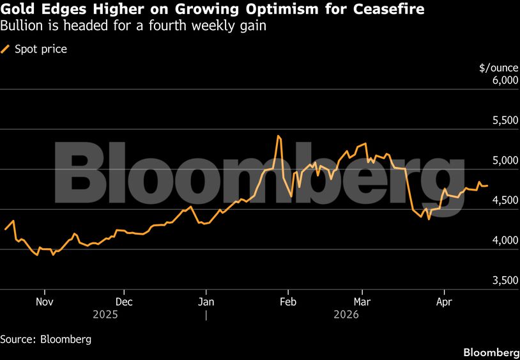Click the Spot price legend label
(x=41, y=49)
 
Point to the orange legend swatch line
(x=6, y=49)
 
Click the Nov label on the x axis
(x=43, y=301)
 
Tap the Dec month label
(x=124, y=301)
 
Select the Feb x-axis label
(x=288, y=301)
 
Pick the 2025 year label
(x=105, y=315)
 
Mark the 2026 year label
(x=346, y=315)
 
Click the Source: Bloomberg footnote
(x=45, y=339)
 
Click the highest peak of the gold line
(x=279, y=136)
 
